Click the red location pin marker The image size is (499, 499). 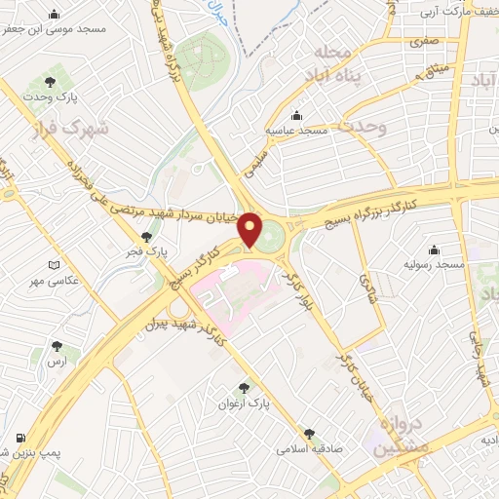pyautogui.click(x=251, y=228)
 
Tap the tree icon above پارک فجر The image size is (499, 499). pyautogui.click(x=147, y=235)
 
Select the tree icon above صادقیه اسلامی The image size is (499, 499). pyautogui.click(x=310, y=434)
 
